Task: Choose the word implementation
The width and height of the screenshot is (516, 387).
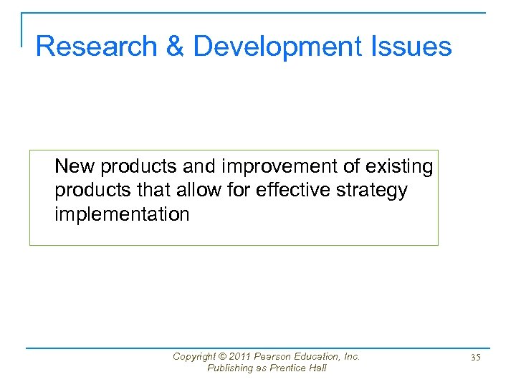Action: pos(122,215)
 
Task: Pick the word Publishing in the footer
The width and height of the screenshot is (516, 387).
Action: pos(230,368)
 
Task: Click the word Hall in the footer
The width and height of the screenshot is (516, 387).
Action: pos(317,368)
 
